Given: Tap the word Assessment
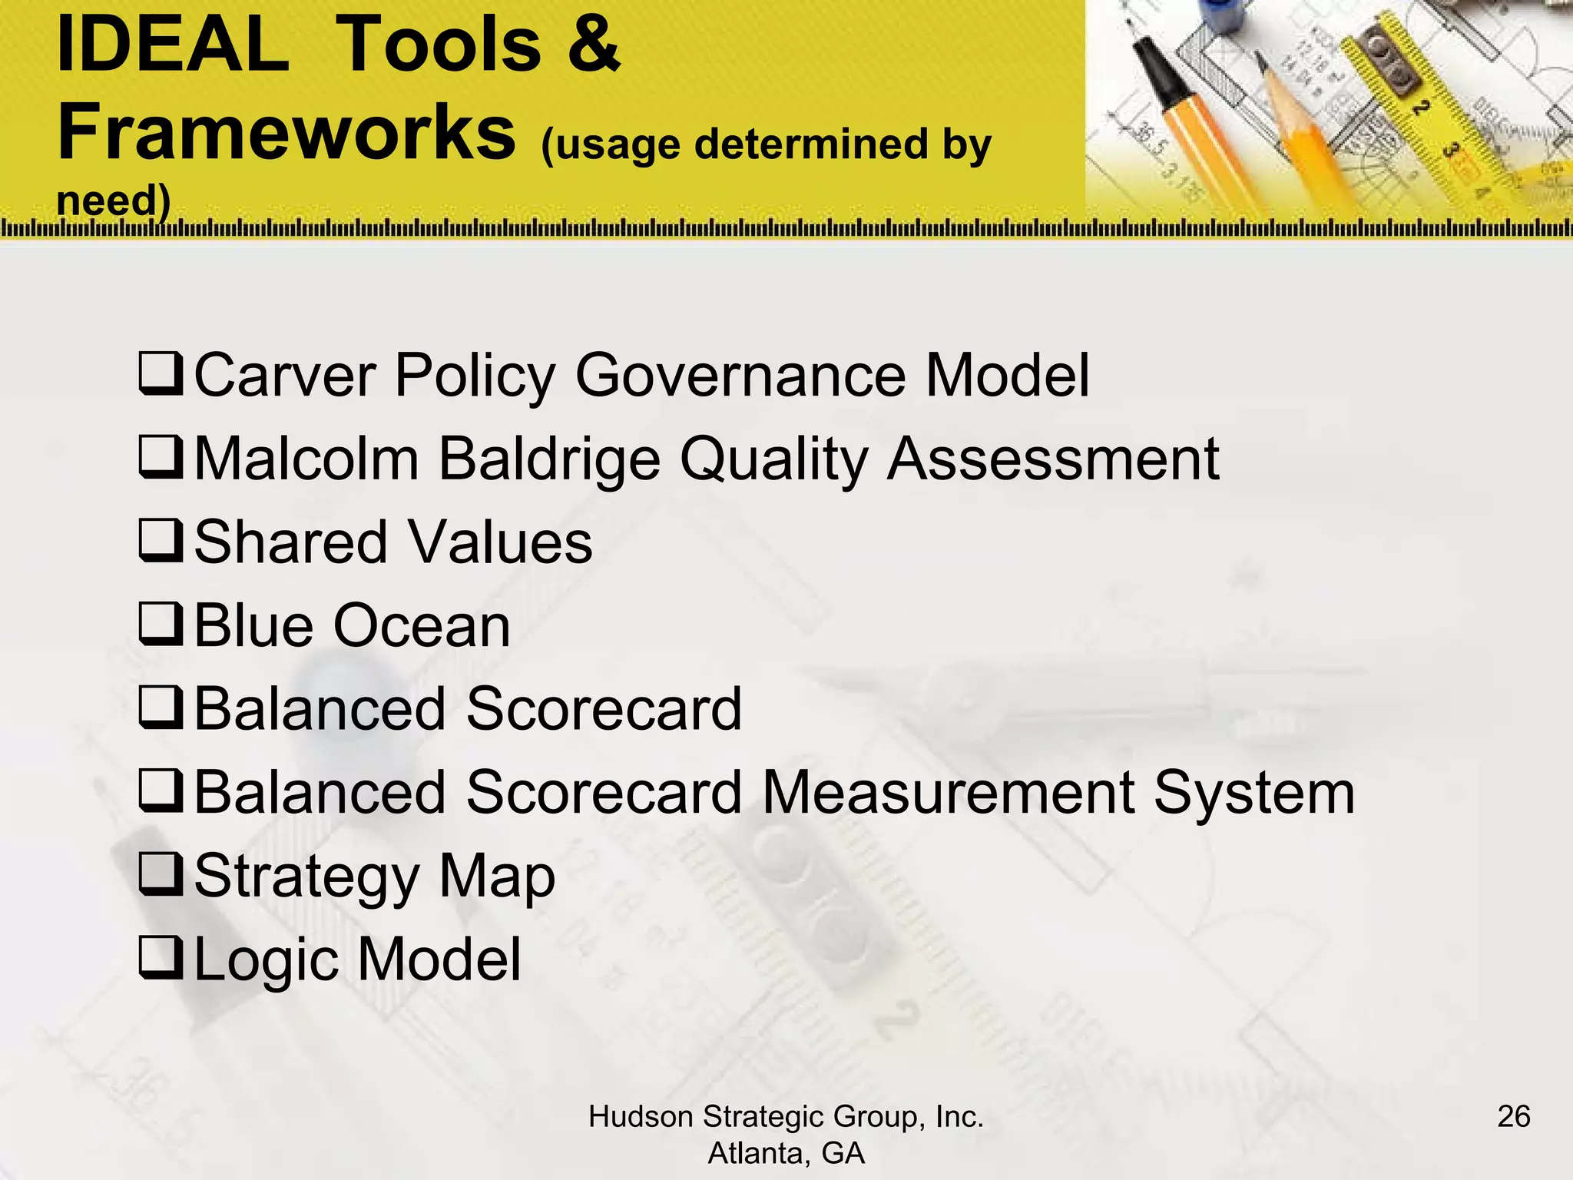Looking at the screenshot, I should tap(1053, 459).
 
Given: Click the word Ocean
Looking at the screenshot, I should tap(422, 626).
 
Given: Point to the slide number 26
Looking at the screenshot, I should tap(1513, 1116).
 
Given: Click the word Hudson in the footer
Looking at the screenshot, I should tap(641, 1117).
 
